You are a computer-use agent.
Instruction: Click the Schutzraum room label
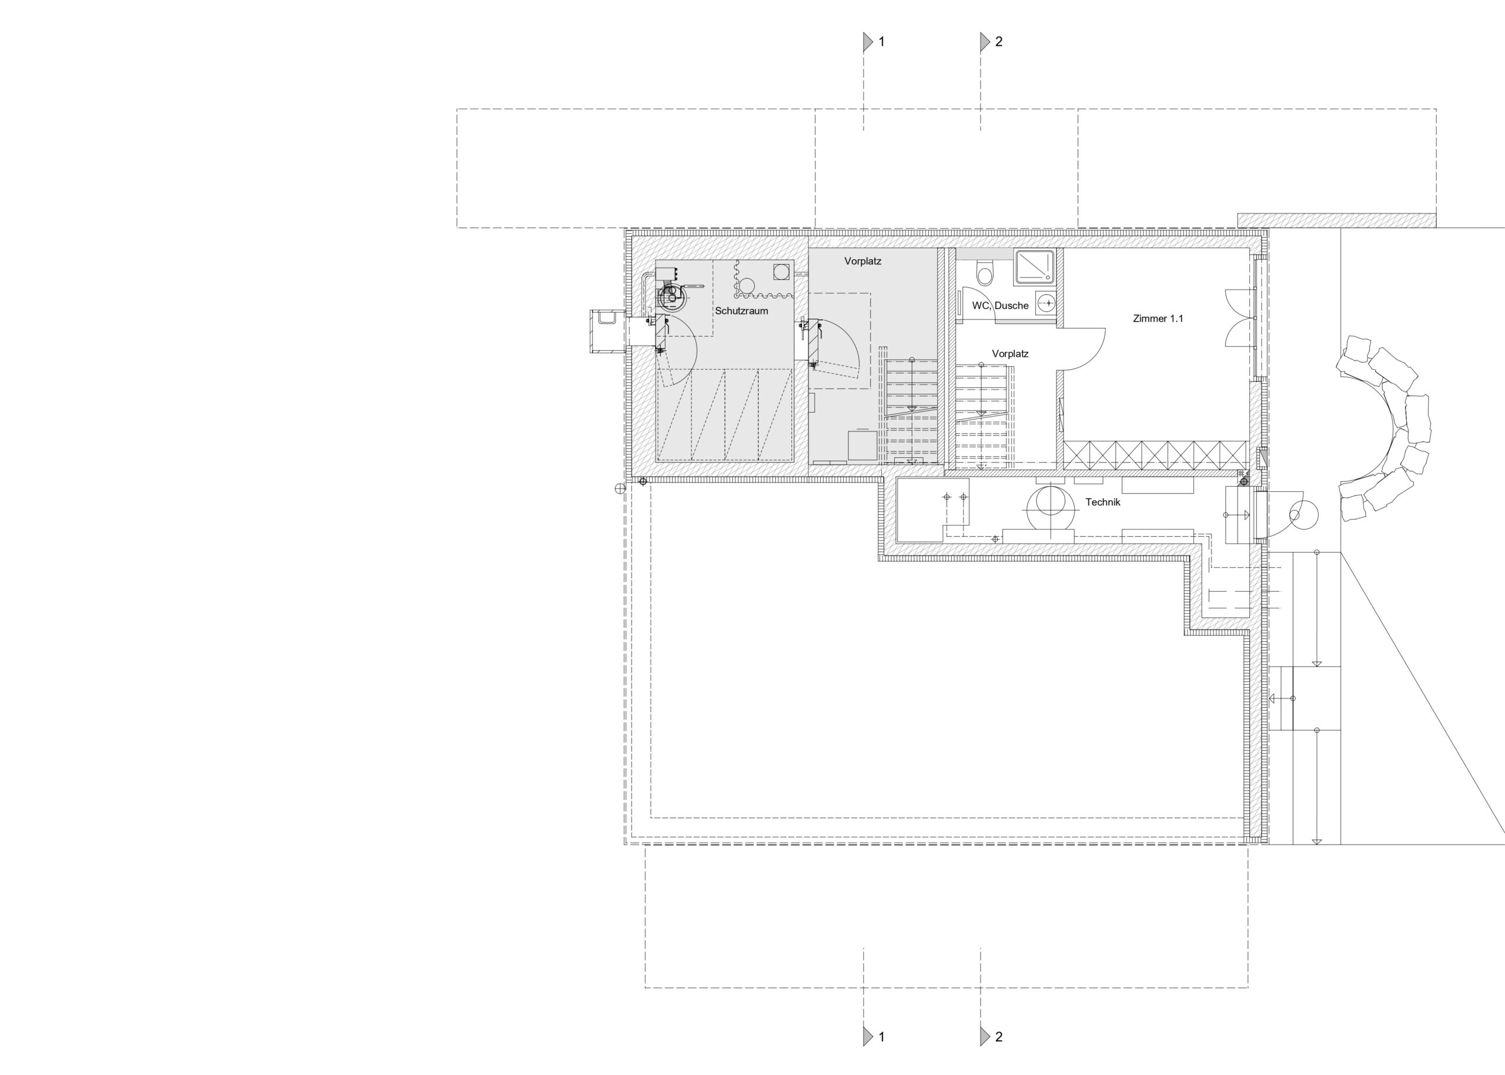click(x=741, y=311)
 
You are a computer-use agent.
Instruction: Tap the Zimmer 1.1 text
click(x=1158, y=319)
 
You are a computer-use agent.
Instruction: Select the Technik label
click(x=1102, y=503)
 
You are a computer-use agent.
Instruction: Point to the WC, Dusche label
click(x=1000, y=306)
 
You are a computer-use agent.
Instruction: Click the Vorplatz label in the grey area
click(x=863, y=262)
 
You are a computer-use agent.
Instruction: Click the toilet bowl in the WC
click(x=985, y=272)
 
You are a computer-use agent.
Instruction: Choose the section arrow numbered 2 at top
click(x=985, y=42)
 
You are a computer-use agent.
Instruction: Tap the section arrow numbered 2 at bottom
click(x=985, y=1036)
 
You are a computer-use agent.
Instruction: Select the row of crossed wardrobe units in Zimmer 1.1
click(x=1156, y=456)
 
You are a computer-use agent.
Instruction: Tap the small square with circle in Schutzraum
click(x=781, y=272)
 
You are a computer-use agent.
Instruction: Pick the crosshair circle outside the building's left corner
click(x=620, y=488)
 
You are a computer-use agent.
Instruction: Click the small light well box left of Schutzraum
click(x=607, y=331)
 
